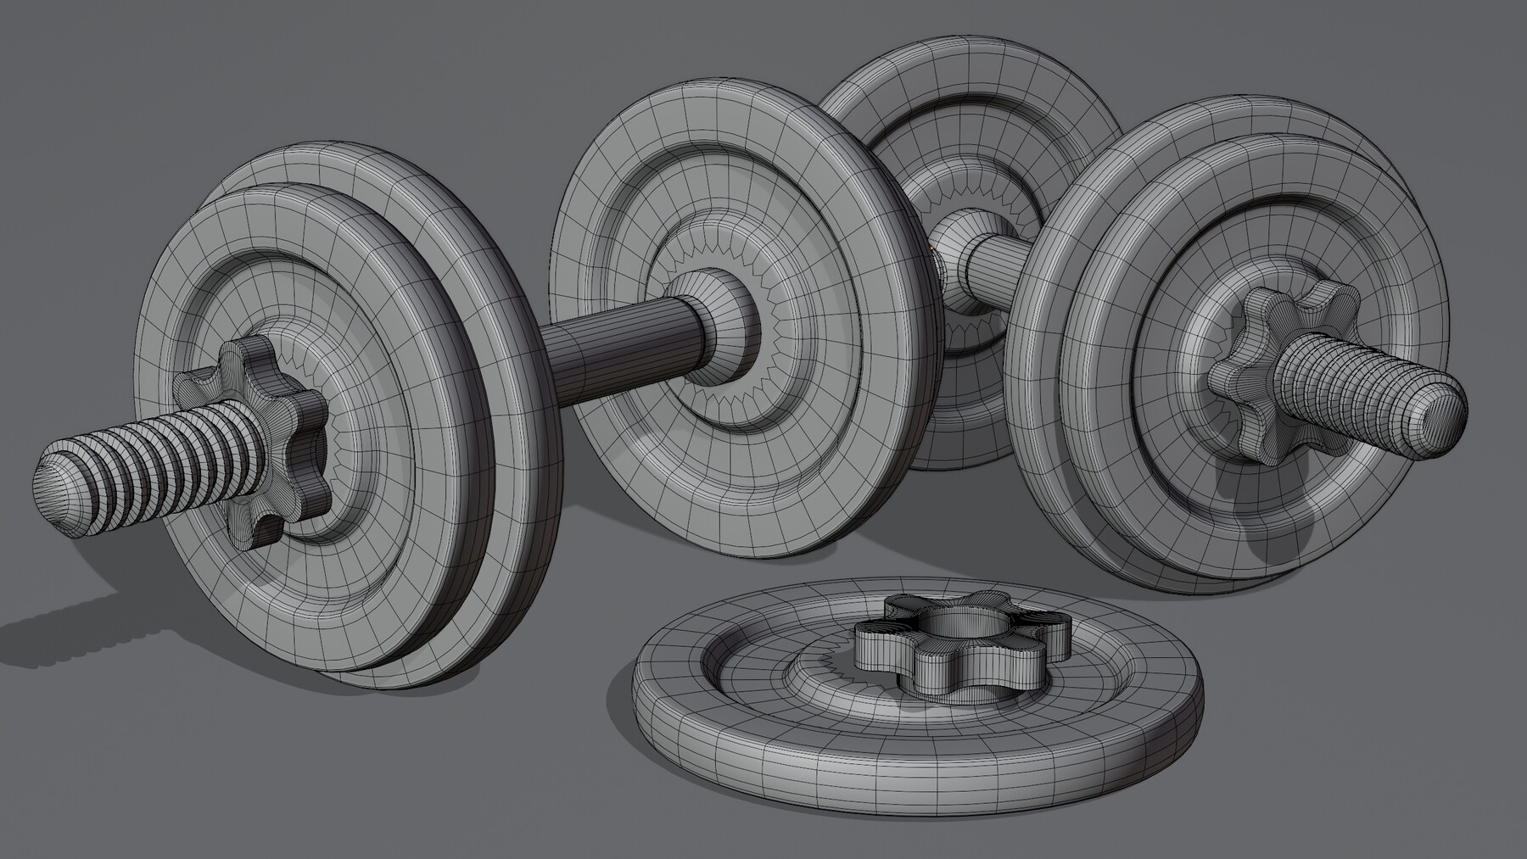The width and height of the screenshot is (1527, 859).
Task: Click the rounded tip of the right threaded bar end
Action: [1446, 416]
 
